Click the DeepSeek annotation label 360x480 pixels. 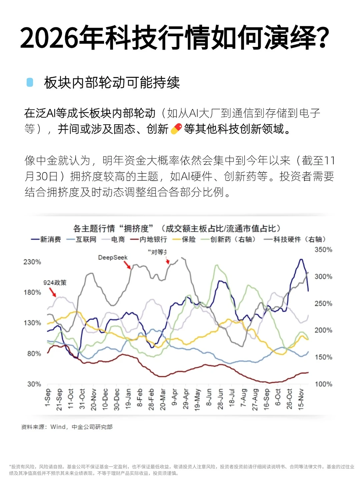pos(113,258)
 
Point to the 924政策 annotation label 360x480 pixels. pos(55,283)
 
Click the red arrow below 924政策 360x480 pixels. pos(53,292)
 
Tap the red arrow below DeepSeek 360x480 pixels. pos(127,265)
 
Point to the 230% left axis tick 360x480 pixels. pos(32,262)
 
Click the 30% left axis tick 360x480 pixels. pos(34,384)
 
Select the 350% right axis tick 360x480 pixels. pos(323,250)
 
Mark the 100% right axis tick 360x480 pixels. pos(323,384)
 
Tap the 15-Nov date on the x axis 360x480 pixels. pos(301,399)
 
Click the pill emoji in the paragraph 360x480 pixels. pos(176,129)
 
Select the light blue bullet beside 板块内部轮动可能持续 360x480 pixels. pos(30,82)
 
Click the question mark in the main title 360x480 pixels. pos(322,37)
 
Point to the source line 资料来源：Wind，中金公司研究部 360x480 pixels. pos(67,427)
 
